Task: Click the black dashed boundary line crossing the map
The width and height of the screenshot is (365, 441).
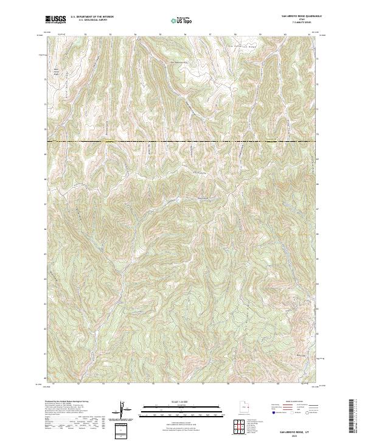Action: tap(182, 142)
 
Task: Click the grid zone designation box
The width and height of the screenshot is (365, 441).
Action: tap(121, 430)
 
